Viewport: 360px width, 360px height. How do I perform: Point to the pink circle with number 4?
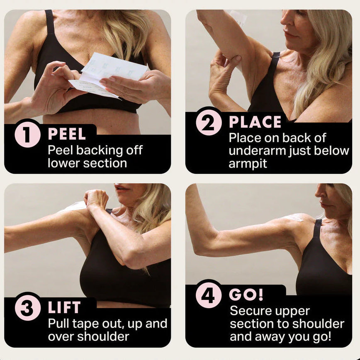[x=209, y=295]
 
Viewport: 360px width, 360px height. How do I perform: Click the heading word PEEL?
[x=67, y=134]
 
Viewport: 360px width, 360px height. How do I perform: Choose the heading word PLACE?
[x=255, y=122]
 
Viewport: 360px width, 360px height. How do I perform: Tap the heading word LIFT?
[x=65, y=308]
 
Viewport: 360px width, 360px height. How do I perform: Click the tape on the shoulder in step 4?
[x=296, y=217]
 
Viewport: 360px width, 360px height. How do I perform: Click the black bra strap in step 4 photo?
[x=317, y=229]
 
